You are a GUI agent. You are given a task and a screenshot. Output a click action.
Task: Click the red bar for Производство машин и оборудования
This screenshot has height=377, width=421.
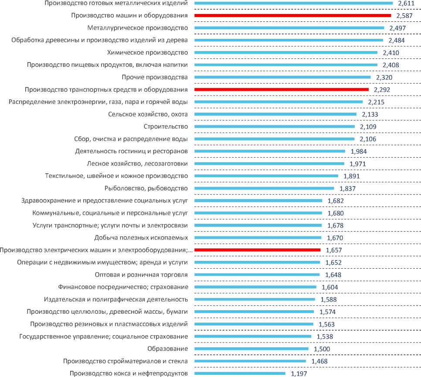click(292, 15)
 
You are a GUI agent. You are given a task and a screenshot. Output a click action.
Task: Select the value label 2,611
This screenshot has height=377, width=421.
click(407, 3)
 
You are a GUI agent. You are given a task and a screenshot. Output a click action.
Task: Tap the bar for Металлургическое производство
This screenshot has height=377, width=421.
click(289, 28)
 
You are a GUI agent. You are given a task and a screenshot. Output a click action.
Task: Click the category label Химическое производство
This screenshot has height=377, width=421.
click(147, 53)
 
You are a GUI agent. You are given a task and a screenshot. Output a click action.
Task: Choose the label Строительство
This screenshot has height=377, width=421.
click(166, 127)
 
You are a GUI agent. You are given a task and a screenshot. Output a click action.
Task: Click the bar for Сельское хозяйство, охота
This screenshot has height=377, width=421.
click(275, 114)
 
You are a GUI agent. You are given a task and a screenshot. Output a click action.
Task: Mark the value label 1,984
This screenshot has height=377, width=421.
click(359, 151)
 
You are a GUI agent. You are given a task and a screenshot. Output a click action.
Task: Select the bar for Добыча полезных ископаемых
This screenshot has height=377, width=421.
click(258, 238)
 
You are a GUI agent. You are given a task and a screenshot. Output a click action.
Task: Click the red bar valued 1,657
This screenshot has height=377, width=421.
click(257, 250)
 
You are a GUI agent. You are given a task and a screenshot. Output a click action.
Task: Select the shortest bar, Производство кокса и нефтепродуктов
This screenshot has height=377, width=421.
click(240, 374)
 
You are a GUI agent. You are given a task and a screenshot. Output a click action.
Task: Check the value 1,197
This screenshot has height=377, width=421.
click(299, 374)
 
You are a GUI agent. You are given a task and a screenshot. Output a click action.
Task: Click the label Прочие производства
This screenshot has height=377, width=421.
click(156, 77)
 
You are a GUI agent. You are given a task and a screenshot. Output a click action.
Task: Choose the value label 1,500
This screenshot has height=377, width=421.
click(322, 349)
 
